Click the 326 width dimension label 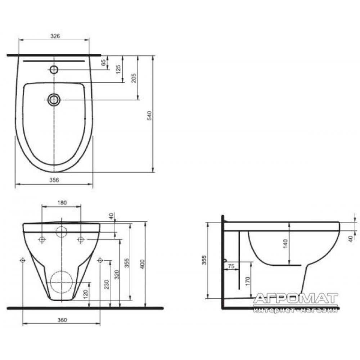[55, 36]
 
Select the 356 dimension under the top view [54, 180]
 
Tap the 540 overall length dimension [149, 116]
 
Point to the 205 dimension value [134, 78]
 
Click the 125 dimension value [118, 69]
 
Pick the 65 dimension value [104, 62]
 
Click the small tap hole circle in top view [54, 69]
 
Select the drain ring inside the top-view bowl [54, 100]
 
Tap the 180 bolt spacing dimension [62, 203]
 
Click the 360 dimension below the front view [62, 320]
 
